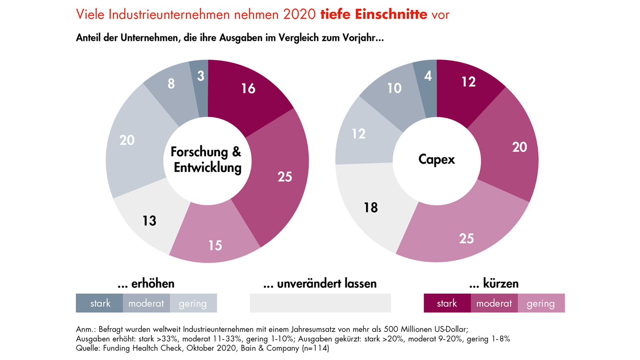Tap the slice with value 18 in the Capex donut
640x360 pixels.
(x=371, y=207)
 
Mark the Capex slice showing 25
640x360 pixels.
(x=467, y=238)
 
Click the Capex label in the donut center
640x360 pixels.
(x=436, y=159)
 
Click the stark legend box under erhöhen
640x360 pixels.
(x=100, y=303)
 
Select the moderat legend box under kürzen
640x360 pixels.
(x=494, y=303)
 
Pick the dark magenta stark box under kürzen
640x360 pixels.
(x=447, y=303)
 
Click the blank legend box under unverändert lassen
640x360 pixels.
(x=320, y=303)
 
